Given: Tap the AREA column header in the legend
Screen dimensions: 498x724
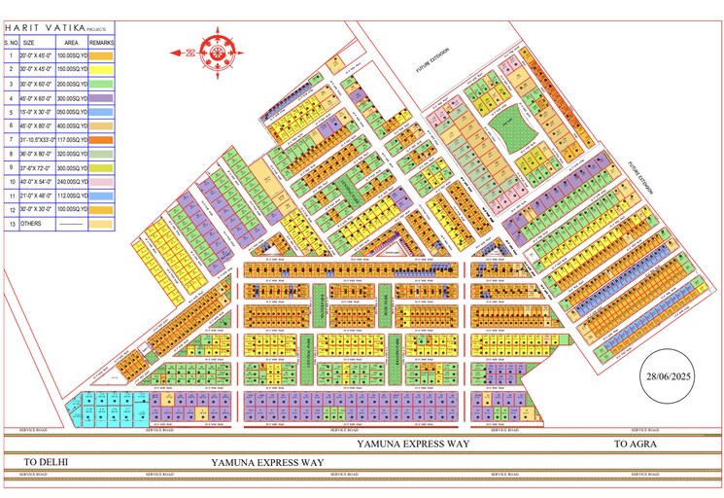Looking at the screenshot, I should pyautogui.click(x=71, y=43).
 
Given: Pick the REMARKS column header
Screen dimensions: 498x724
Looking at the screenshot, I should pyautogui.click(x=101, y=43).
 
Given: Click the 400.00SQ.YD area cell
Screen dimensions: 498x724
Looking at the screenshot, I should pyautogui.click(x=71, y=125).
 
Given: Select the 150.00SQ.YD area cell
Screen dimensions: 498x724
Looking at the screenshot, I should pyautogui.click(x=71, y=70).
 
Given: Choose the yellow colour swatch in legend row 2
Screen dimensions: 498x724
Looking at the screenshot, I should pyautogui.click(x=101, y=70).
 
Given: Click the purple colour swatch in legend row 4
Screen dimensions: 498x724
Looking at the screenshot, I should pyautogui.click(x=101, y=98).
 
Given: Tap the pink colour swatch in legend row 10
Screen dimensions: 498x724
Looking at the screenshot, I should pyautogui.click(x=101, y=182).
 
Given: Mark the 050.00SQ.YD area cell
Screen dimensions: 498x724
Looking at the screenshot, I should pyautogui.click(x=71, y=112).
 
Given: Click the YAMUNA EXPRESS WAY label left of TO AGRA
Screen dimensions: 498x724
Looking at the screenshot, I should pyautogui.click(x=412, y=444).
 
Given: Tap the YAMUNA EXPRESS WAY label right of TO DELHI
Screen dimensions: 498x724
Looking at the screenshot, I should pyautogui.click(x=268, y=462).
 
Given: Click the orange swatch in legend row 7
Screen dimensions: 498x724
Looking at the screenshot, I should pyautogui.click(x=101, y=140).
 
